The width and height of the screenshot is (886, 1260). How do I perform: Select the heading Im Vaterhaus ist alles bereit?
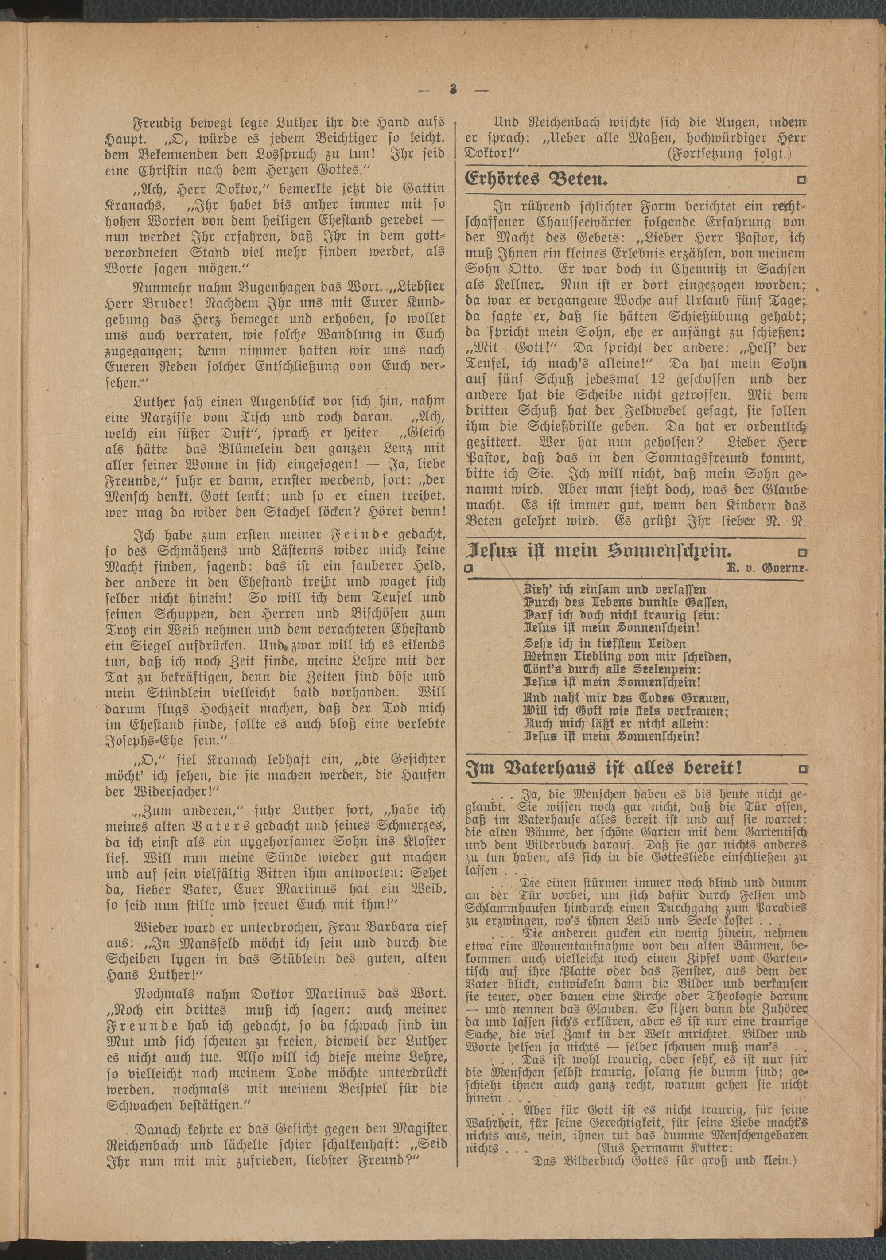coord(604,768)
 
